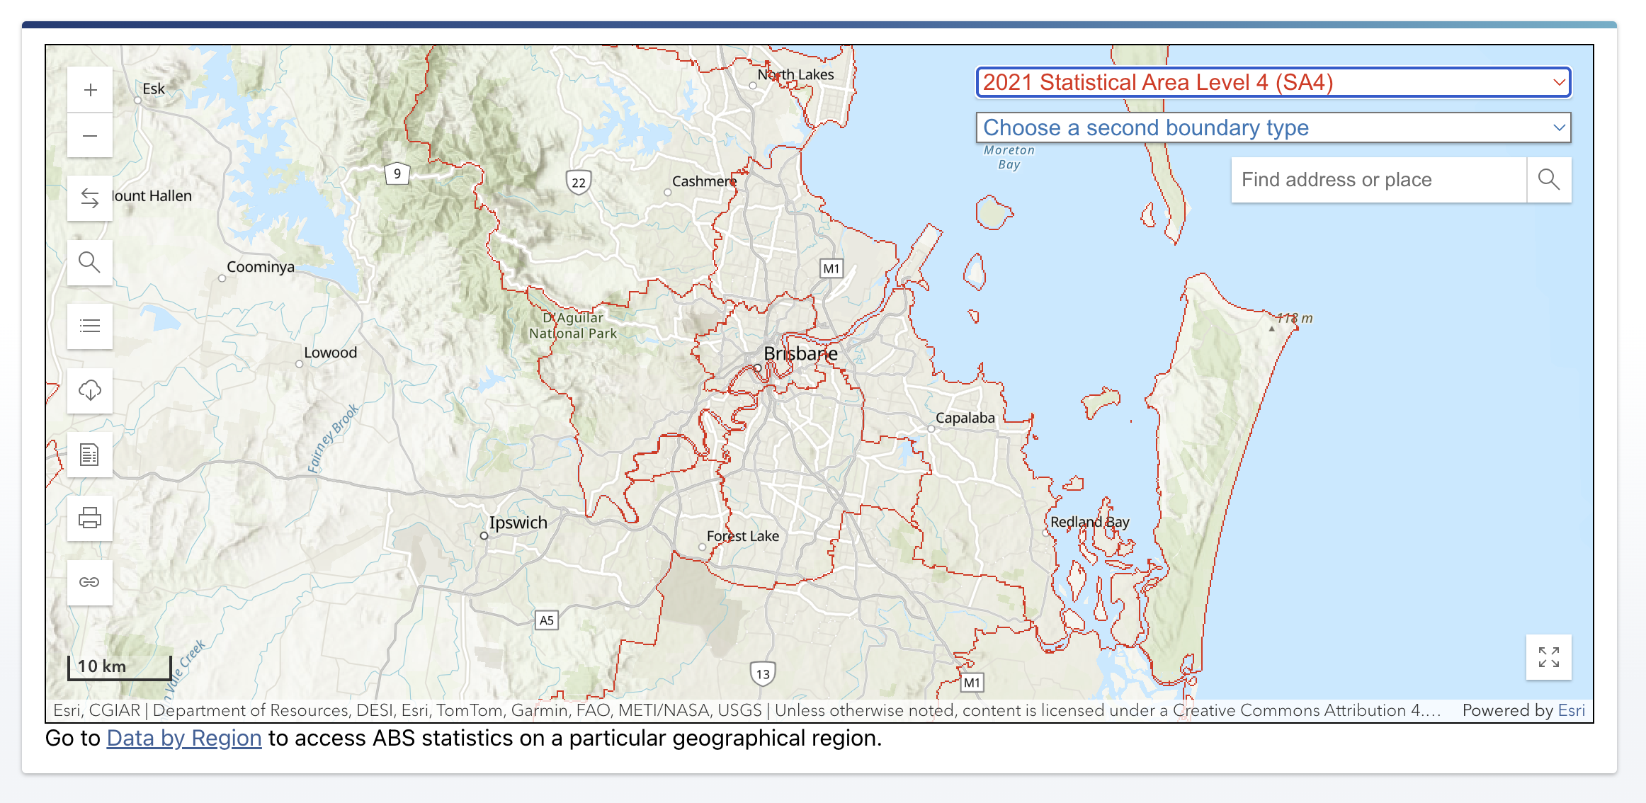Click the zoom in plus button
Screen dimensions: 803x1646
click(x=90, y=90)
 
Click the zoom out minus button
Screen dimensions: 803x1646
click(x=90, y=135)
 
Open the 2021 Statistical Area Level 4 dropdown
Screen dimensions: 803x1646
click(x=1273, y=82)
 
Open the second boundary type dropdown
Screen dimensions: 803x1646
click(x=1273, y=127)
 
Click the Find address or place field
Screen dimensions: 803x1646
click(x=1378, y=180)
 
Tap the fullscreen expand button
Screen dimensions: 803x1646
click(x=1548, y=656)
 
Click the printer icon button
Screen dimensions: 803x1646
click(x=90, y=518)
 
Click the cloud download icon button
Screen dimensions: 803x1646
click(x=90, y=390)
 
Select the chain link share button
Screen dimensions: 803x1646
click(x=90, y=582)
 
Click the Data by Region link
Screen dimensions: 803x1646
click(x=184, y=738)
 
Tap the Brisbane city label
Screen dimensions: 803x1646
click(x=800, y=353)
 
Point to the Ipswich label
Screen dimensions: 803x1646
click(x=518, y=523)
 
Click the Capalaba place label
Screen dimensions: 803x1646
click(x=965, y=418)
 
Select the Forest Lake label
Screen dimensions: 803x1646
click(x=742, y=536)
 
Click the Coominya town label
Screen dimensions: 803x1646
click(x=260, y=267)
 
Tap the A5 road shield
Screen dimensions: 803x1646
click(x=546, y=620)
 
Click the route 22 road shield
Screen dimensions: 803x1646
click(x=579, y=182)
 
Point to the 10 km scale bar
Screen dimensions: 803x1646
click(x=119, y=667)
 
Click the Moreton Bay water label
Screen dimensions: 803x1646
click(x=1009, y=157)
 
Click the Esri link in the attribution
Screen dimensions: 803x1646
click(x=1571, y=710)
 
